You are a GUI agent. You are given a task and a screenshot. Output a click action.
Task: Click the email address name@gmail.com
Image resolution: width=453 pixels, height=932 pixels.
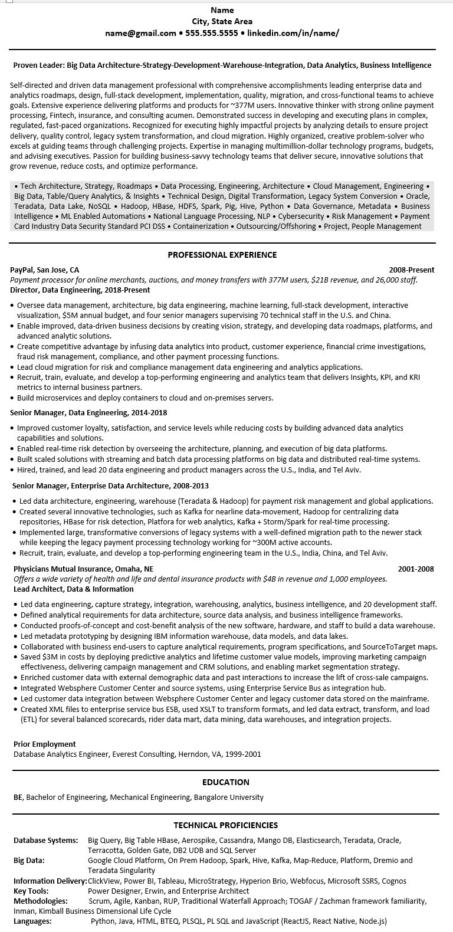click(x=140, y=33)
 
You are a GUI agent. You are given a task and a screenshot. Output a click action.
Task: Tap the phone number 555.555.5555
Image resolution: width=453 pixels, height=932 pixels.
click(x=212, y=33)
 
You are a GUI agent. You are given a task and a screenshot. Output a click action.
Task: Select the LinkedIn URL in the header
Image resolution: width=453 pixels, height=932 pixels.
click(x=293, y=33)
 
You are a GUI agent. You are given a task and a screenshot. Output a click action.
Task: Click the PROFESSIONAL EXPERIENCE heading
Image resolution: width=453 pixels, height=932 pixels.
click(x=222, y=255)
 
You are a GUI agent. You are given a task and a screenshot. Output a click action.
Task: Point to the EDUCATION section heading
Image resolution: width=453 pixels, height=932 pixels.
click(x=226, y=782)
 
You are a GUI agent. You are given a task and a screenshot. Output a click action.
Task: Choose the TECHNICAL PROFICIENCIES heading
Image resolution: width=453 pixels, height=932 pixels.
click(x=226, y=825)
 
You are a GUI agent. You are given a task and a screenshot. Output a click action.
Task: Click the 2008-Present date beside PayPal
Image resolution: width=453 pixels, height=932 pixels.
click(x=412, y=270)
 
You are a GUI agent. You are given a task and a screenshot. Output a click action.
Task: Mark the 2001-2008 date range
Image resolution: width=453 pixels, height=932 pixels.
click(x=416, y=569)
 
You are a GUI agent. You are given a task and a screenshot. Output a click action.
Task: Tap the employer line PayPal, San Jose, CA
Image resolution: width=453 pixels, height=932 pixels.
click(x=45, y=270)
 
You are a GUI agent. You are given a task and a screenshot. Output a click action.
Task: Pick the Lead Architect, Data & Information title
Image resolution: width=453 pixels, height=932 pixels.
click(x=74, y=589)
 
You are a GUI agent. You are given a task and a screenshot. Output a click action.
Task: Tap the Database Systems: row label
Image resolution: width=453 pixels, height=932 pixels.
click(x=45, y=840)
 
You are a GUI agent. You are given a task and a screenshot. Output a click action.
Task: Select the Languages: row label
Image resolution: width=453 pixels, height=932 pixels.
click(x=32, y=921)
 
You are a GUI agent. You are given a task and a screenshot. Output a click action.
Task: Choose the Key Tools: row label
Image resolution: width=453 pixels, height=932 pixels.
click(x=31, y=891)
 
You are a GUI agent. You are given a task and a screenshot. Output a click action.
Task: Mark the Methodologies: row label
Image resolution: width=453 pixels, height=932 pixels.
click(x=41, y=901)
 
